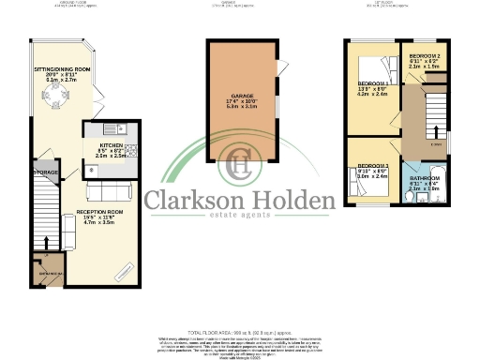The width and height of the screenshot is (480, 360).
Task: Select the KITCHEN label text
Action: pyautogui.click(x=110, y=146)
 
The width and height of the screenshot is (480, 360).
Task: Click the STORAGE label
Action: pyautogui.click(x=46, y=173)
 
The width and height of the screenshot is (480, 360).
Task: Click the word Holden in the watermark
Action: pyautogui.click(x=295, y=200)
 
